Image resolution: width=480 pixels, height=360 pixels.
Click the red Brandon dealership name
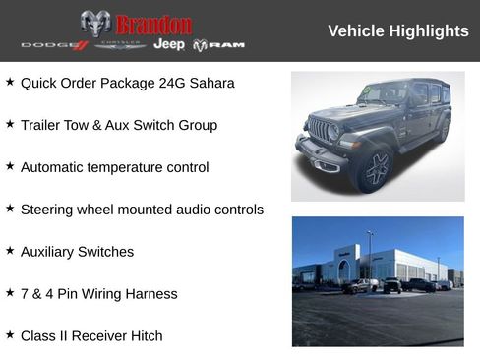point(153,24)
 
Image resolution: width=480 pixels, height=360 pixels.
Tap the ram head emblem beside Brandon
point(94,24)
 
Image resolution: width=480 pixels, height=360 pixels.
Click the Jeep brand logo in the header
point(169,45)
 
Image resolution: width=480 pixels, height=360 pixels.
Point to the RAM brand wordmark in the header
point(218,45)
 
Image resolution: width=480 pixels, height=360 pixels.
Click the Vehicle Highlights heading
point(397,31)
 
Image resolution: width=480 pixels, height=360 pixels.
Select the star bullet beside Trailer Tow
point(10,124)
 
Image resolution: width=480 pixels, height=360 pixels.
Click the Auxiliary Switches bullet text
point(77,252)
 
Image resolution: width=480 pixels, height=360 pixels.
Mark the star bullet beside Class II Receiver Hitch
point(10,335)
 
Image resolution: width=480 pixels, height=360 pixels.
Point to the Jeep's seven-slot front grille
point(320,130)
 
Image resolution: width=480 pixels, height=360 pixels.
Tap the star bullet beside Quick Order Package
point(10,82)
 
